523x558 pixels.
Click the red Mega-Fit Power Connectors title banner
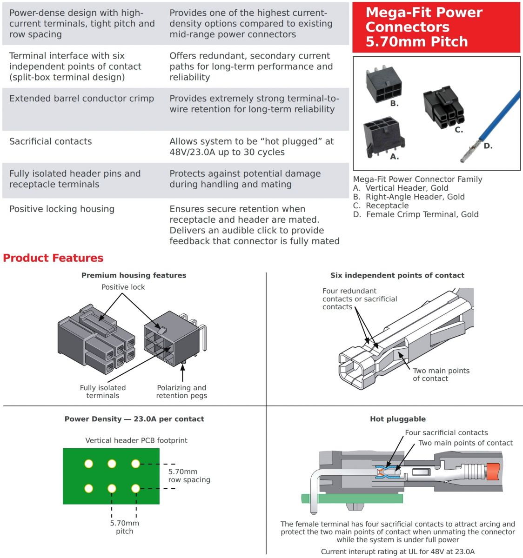point(436,27)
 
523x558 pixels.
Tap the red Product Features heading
point(53,258)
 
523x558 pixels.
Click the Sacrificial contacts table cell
point(51,141)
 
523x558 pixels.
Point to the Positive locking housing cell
point(62,209)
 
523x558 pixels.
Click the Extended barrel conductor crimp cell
point(81,99)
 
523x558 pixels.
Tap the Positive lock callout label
point(123,287)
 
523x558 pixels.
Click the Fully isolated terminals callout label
point(103,392)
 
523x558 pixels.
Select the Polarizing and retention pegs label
point(181,392)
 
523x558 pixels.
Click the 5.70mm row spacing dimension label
point(189,475)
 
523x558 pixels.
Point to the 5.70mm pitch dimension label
point(124,527)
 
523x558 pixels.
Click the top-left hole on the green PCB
point(89,464)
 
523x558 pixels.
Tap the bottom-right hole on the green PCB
point(135,488)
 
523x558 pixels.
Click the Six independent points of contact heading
point(397,275)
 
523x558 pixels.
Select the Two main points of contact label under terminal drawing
point(441,374)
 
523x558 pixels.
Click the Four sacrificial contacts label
point(446,432)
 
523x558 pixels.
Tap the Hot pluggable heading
point(397,419)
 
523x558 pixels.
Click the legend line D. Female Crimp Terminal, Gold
point(416,214)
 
